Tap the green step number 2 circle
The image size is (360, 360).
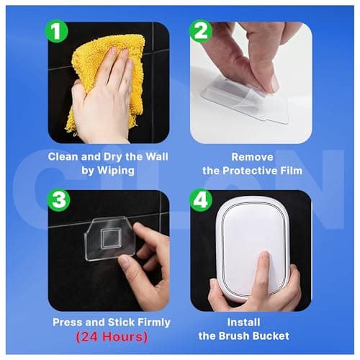tap(201, 32)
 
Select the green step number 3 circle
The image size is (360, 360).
tap(59, 199)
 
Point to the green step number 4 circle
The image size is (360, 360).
tap(201, 199)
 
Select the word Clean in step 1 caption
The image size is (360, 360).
tap(65, 155)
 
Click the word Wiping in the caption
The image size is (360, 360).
tap(117, 170)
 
